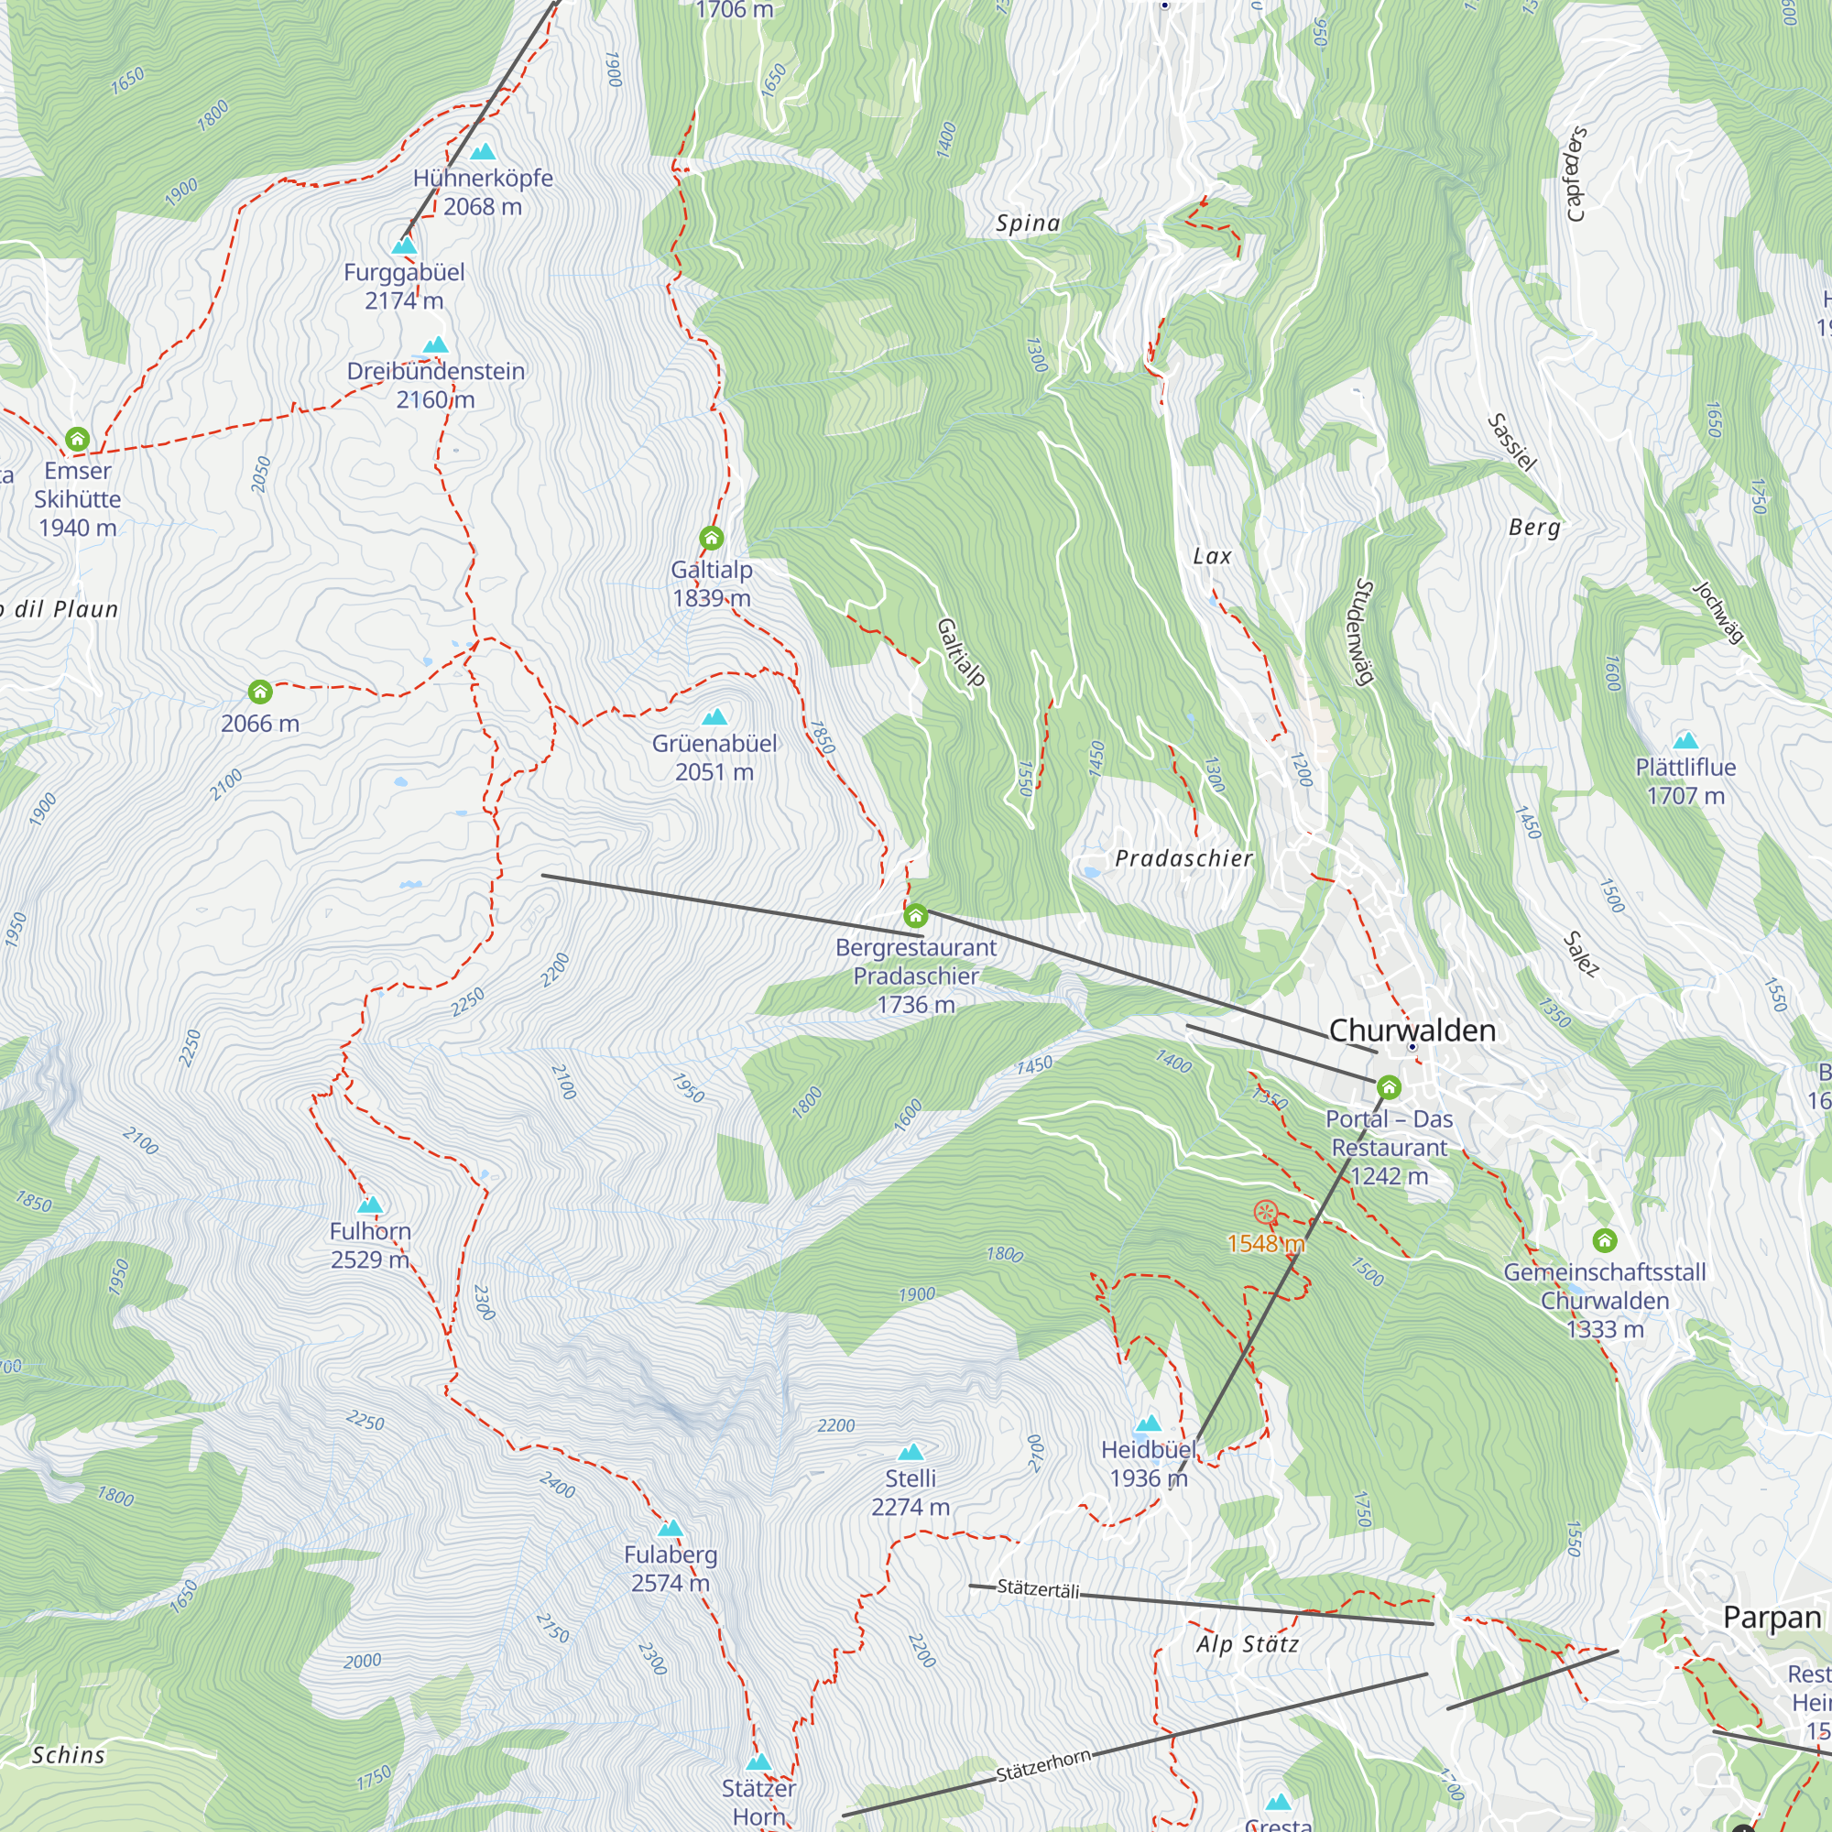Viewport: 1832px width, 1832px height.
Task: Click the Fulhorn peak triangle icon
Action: (x=370, y=1205)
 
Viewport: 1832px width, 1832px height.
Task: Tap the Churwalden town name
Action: (x=1412, y=1030)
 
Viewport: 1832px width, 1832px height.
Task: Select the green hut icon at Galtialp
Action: (x=711, y=539)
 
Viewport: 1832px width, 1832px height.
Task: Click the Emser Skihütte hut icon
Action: (x=78, y=439)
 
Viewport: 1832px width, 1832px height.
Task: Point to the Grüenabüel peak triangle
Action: (x=715, y=717)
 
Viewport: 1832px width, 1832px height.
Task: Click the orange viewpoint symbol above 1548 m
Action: (x=1265, y=1211)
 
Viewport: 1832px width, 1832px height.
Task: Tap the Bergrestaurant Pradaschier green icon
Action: (x=915, y=915)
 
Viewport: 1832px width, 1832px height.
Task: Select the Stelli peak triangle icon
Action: (x=911, y=1452)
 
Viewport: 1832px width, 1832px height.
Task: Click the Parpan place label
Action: (x=1772, y=1617)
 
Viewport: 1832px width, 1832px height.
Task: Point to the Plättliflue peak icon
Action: (x=1685, y=740)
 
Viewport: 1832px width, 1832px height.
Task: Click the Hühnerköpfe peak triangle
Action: (x=483, y=152)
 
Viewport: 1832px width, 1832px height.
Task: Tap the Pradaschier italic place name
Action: (x=1183, y=858)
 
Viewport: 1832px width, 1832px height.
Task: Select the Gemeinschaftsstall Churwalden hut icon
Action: (x=1605, y=1239)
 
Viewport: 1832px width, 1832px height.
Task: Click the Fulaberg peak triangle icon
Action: (x=671, y=1528)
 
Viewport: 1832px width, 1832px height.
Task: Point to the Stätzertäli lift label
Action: (x=1039, y=1588)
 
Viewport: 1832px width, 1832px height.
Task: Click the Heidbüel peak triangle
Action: (x=1149, y=1423)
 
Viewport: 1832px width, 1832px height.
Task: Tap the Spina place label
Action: (x=1028, y=223)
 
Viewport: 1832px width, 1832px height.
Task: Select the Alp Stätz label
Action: (x=1247, y=1643)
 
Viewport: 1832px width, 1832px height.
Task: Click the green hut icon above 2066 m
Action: (x=260, y=692)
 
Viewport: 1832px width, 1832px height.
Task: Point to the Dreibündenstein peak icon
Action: (x=435, y=345)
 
